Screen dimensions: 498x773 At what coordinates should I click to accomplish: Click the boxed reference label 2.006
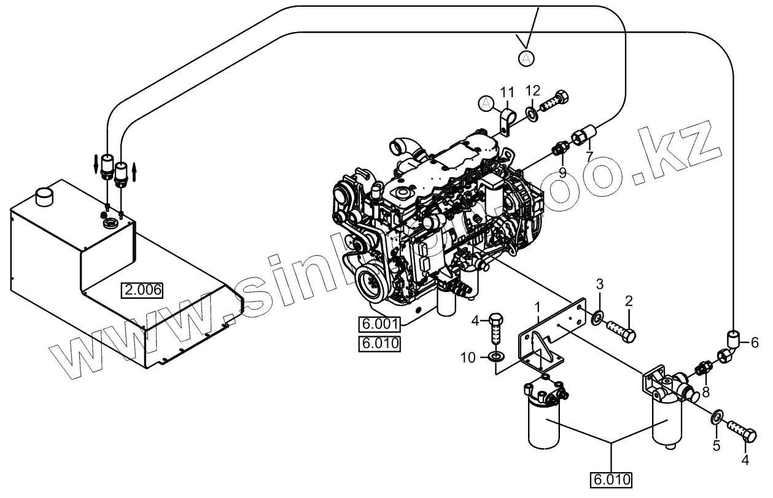click(x=142, y=290)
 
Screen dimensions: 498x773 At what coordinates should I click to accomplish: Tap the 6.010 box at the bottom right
click(x=612, y=478)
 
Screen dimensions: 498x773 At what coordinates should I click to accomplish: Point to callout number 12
click(x=532, y=90)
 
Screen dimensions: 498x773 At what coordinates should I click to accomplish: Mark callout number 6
click(x=755, y=342)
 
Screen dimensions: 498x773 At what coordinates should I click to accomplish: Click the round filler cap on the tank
click(x=45, y=197)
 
